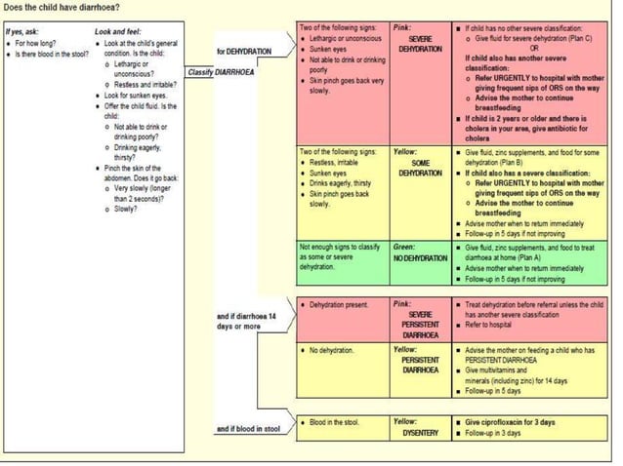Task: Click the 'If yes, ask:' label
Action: [22, 32]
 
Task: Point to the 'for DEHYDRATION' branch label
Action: [244, 50]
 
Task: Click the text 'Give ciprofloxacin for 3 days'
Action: [508, 421]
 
